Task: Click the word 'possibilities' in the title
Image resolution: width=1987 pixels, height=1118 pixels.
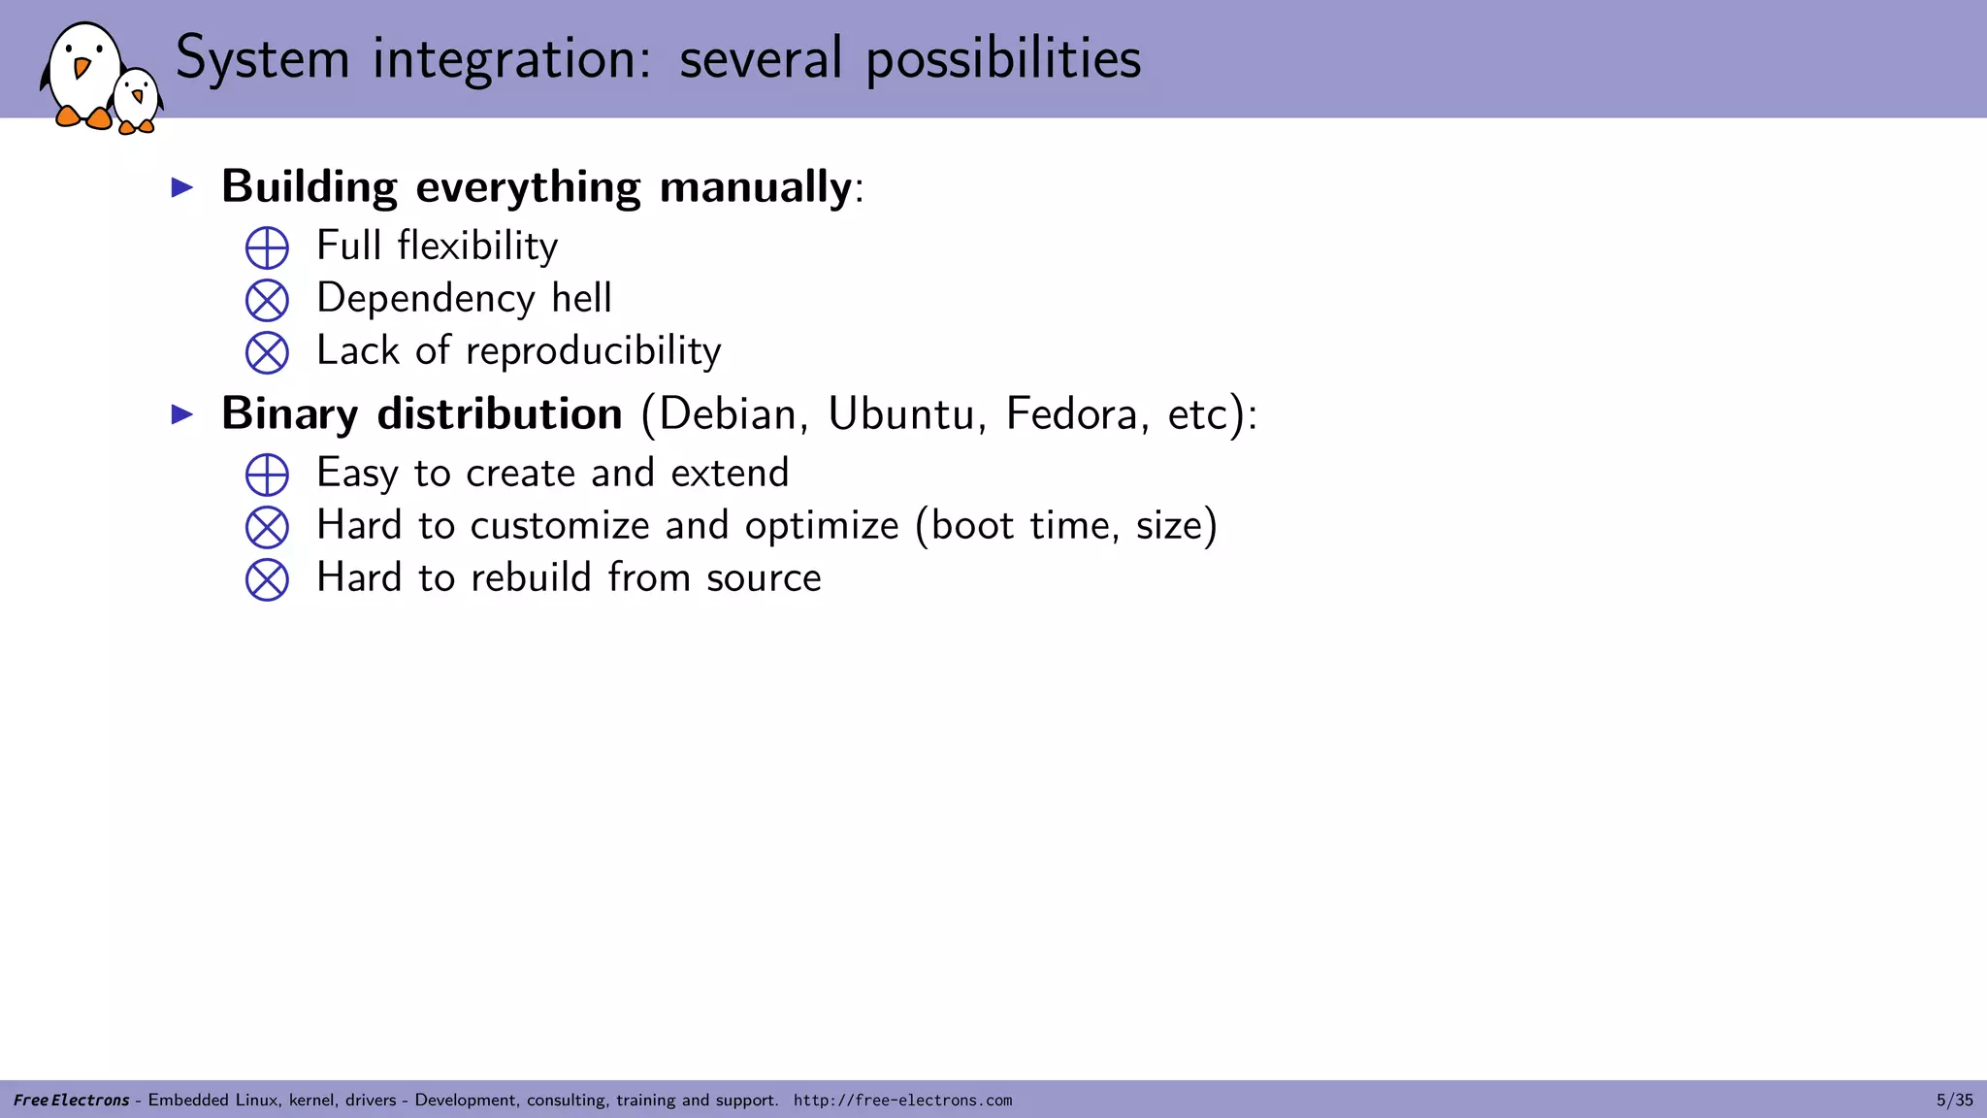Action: [x=1003, y=58]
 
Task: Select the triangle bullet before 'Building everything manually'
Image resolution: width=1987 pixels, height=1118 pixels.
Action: [x=182, y=187]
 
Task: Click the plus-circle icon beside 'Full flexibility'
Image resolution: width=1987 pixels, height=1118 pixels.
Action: [x=267, y=247]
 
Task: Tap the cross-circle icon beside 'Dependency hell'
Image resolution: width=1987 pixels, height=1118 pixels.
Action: [x=267, y=300]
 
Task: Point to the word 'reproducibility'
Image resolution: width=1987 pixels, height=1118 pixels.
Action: [x=594, y=351]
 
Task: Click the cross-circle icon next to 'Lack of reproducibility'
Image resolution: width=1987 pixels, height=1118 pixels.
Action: [x=267, y=352]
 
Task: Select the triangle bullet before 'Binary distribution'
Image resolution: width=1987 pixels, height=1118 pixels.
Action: [x=182, y=414]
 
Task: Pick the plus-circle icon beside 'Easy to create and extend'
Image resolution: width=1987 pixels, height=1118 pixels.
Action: [x=267, y=475]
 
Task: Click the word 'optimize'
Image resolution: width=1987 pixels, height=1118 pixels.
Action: [x=822, y=527]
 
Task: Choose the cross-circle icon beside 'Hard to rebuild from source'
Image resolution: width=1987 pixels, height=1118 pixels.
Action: [x=267, y=579]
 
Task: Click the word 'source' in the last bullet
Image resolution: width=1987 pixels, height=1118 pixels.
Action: [x=764, y=578]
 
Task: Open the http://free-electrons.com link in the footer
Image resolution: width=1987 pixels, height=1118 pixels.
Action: [x=902, y=1101]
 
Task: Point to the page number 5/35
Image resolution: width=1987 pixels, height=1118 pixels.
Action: [x=1954, y=1101]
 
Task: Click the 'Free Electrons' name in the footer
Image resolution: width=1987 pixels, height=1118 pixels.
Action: [x=71, y=1101]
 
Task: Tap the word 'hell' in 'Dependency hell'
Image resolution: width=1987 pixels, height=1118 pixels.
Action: [x=581, y=298]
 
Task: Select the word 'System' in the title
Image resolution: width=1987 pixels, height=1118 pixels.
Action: [x=262, y=58]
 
